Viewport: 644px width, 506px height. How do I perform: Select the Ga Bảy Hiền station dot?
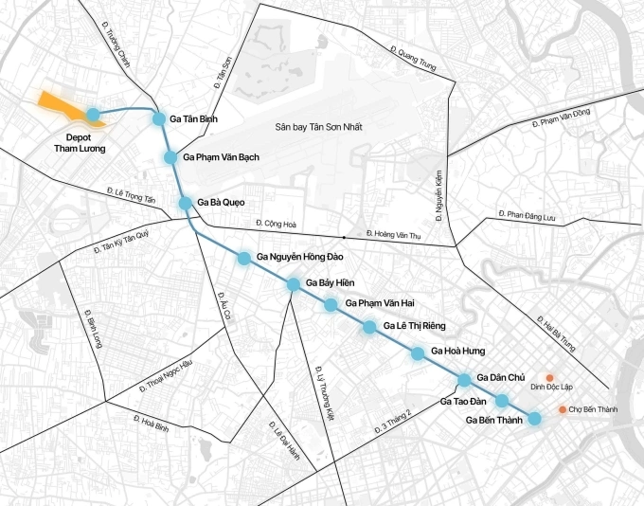pyautogui.click(x=294, y=283)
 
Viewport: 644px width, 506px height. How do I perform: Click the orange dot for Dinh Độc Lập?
pyautogui.click(x=548, y=376)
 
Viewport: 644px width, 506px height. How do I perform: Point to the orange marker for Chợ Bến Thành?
pyautogui.click(x=563, y=409)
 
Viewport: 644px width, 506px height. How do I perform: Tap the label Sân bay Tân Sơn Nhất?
pyautogui.click(x=319, y=127)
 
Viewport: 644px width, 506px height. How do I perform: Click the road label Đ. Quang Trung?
pyautogui.click(x=412, y=58)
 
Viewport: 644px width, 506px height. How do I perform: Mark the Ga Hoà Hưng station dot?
pyautogui.click(x=418, y=353)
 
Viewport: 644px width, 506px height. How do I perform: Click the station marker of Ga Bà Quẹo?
pyautogui.click(x=186, y=203)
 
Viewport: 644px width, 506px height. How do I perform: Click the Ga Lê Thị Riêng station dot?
pyautogui.click(x=368, y=327)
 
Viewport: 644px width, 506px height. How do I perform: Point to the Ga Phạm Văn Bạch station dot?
pyautogui.click(x=170, y=156)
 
